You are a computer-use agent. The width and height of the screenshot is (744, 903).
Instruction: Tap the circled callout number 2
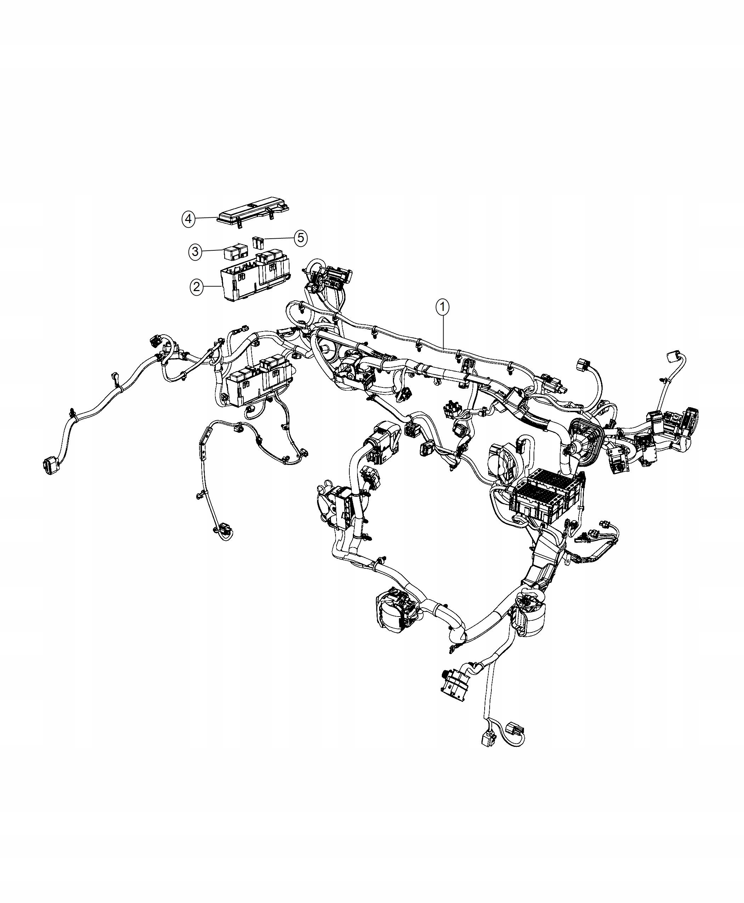pos(197,286)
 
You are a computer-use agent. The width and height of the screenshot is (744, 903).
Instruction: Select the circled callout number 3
pos(196,251)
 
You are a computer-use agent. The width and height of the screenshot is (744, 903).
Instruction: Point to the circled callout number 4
pos(188,219)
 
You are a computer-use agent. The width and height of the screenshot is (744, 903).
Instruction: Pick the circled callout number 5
pos(300,237)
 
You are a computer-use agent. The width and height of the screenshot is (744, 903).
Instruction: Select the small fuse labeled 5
pos(257,243)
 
